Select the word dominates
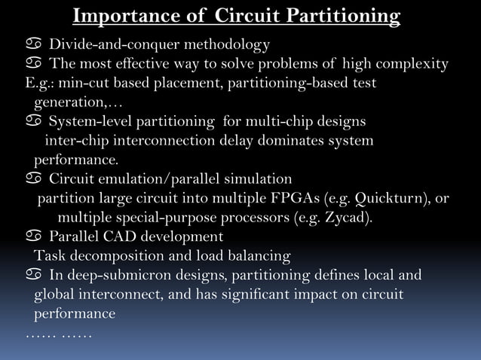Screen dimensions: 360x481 pos(291,141)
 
